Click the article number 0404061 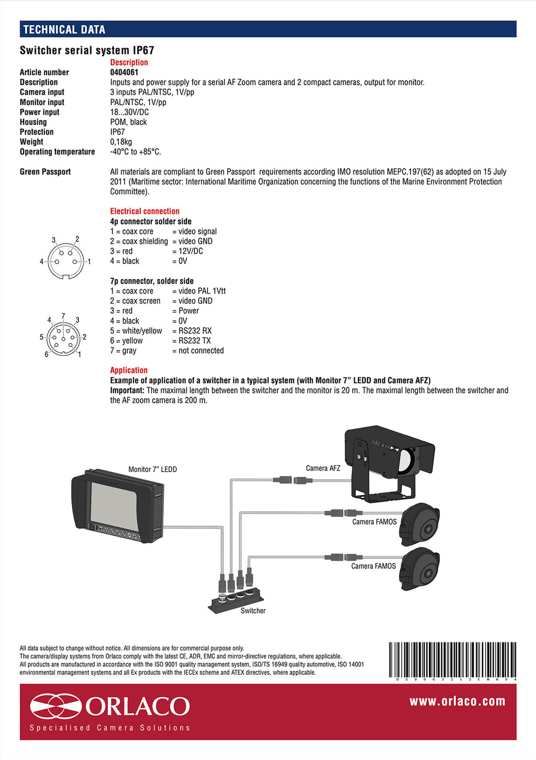coord(124,72)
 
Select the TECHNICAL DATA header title coord(64,29)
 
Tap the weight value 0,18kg coord(121,142)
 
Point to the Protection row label coord(37,132)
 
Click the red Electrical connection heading coord(144,211)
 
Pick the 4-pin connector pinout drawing coord(65,260)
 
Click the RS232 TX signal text coord(195,341)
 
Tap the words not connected coord(201,351)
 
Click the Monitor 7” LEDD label coord(152,470)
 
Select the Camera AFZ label coord(323,468)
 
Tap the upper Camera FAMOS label coord(374,522)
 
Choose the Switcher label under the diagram coord(253,611)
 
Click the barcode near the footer coord(453,660)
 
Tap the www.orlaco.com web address coord(457,701)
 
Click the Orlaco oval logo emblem coord(55,706)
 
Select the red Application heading coord(129,370)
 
